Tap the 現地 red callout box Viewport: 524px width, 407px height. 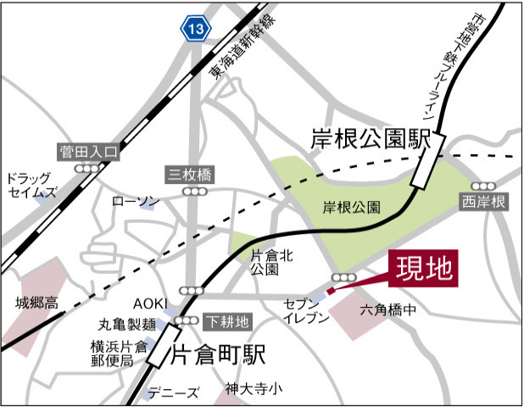pyautogui.click(x=423, y=270)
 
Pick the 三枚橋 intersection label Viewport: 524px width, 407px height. pyautogui.click(x=189, y=176)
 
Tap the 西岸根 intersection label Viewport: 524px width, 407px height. pyautogui.click(x=484, y=202)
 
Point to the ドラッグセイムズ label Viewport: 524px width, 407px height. pyautogui.click(x=32, y=186)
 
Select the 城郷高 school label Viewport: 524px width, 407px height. pyautogui.click(x=38, y=302)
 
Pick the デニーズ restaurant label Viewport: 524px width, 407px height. pyautogui.click(x=172, y=392)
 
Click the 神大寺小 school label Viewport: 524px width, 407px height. pyautogui.click(x=254, y=389)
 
